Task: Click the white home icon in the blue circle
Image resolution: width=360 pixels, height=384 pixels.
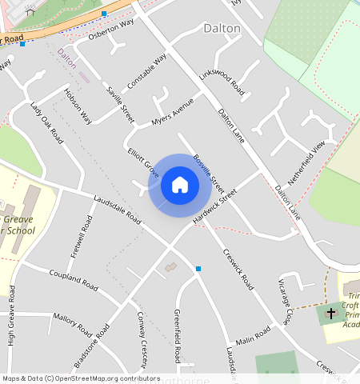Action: [x=180, y=185]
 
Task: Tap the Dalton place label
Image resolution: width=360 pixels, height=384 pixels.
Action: [x=222, y=27]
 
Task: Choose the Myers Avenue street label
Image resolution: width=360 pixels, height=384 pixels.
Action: [x=173, y=114]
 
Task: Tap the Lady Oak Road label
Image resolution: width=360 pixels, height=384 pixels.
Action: [x=46, y=122]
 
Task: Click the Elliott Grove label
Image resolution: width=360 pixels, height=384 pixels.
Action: [x=142, y=163]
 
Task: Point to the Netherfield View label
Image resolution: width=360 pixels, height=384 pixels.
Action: [x=306, y=163]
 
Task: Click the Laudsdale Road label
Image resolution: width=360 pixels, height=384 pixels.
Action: [x=117, y=210]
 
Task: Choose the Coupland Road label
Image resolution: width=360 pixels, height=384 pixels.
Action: [x=73, y=281]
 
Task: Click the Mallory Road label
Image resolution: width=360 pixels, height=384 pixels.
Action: [x=73, y=322]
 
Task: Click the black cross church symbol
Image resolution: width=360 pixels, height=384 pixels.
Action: [x=331, y=312]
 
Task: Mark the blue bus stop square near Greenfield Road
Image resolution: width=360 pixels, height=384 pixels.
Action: [x=198, y=269]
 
